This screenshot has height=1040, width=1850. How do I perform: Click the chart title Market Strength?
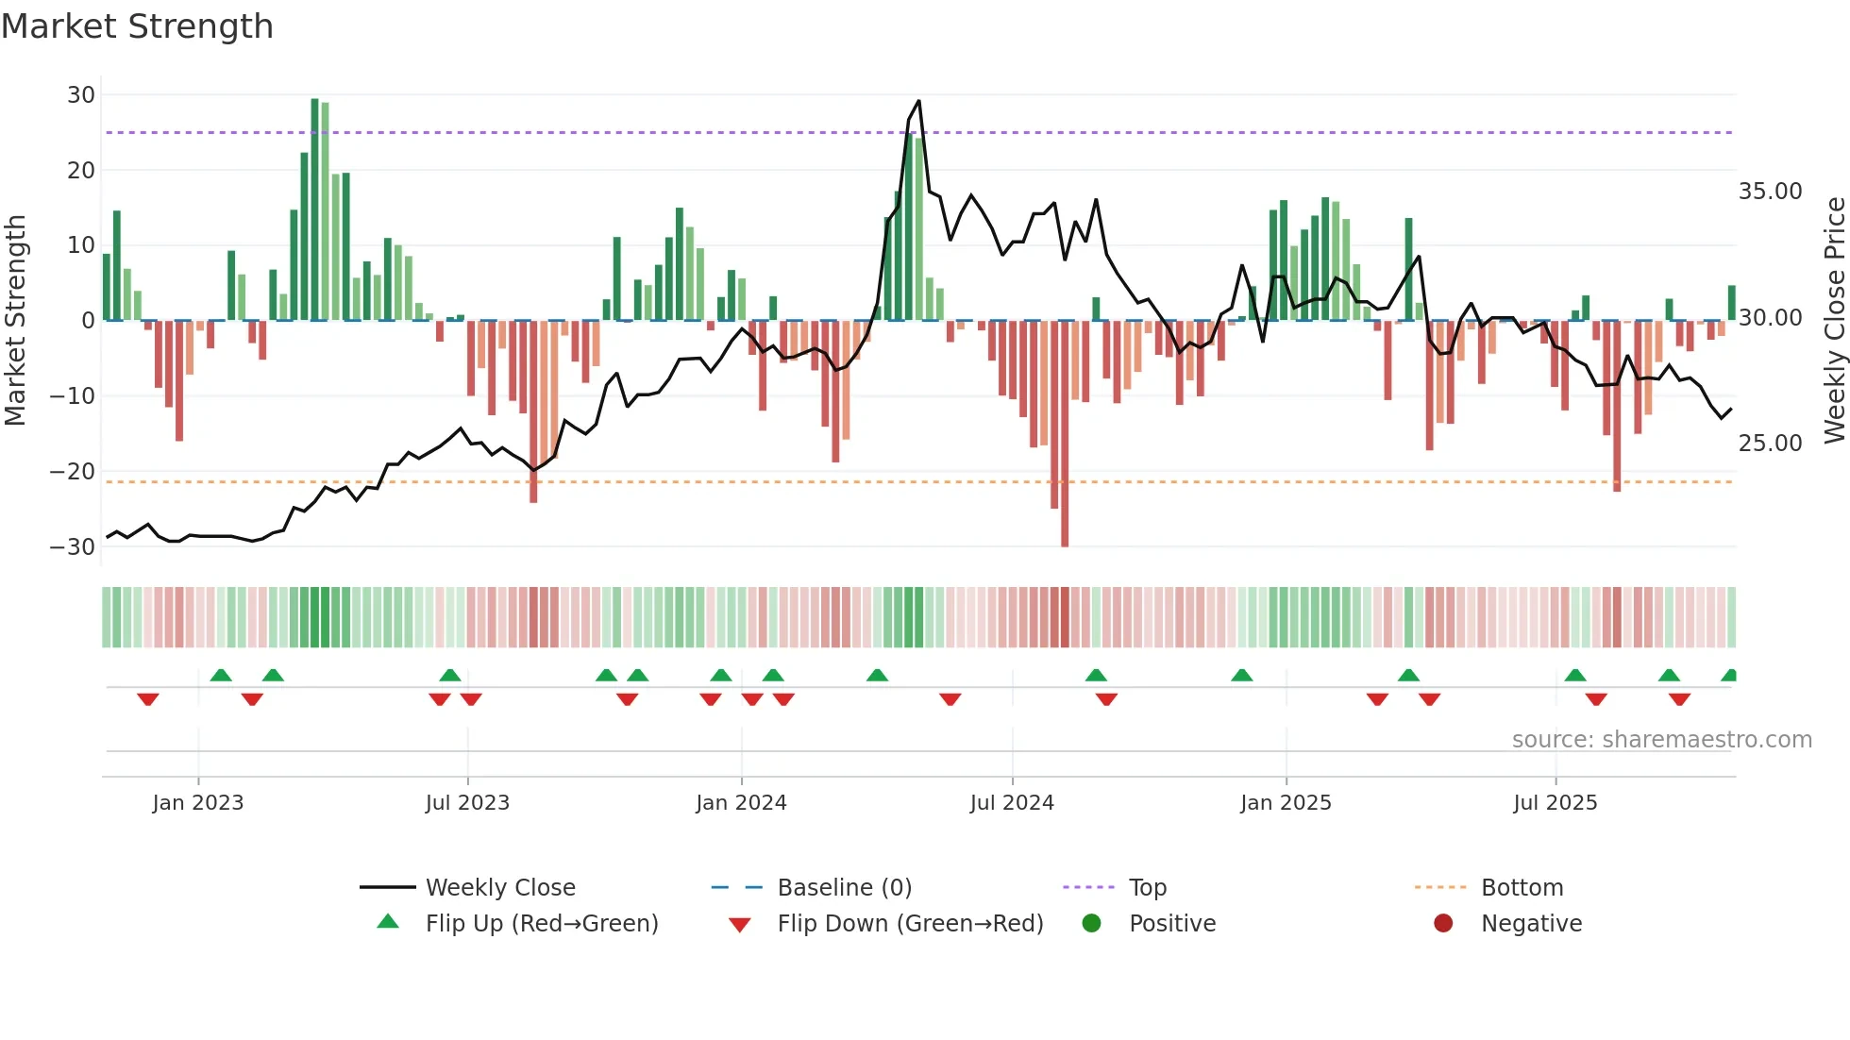click(x=137, y=26)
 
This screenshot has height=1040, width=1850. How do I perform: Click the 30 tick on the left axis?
click(x=81, y=94)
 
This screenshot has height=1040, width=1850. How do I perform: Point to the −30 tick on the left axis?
click(x=73, y=546)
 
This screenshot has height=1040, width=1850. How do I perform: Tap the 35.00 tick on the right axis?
click(x=1770, y=192)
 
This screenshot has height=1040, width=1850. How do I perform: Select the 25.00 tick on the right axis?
click(x=1770, y=443)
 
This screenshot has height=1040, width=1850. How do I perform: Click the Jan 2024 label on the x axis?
click(x=741, y=802)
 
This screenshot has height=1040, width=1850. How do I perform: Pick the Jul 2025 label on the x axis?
click(x=1555, y=802)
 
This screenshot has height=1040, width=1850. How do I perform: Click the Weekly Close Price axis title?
click(x=1834, y=320)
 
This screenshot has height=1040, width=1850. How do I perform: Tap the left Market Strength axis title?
click(x=16, y=320)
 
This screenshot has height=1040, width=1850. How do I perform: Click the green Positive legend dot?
click(x=1092, y=923)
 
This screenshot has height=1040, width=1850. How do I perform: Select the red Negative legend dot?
click(x=1443, y=923)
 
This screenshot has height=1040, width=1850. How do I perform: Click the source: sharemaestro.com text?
click(x=1661, y=739)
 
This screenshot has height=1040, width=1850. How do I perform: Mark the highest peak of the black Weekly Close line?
click(x=918, y=101)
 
